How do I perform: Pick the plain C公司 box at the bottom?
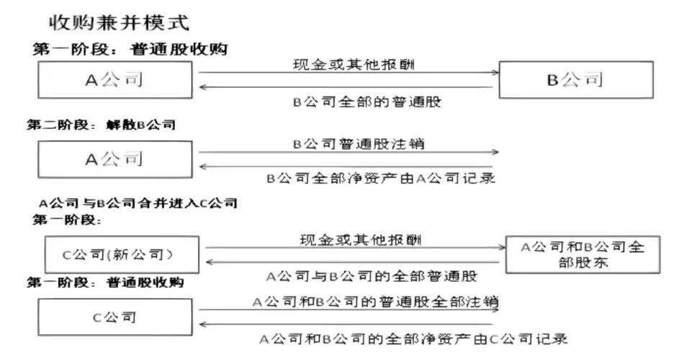(115, 317)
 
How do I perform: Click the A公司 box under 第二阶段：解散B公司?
(115, 159)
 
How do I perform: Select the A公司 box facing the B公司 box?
(115, 80)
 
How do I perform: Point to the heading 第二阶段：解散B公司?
(101, 125)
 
